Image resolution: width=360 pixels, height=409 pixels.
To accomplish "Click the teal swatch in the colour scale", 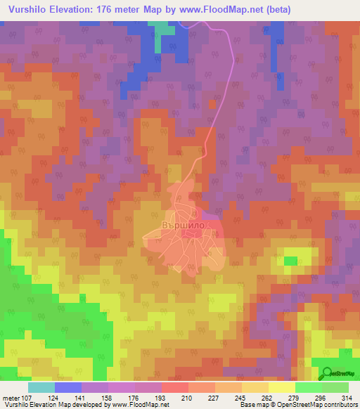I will click(41, 387).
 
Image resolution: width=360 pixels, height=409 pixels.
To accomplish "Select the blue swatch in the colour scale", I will click(68, 387).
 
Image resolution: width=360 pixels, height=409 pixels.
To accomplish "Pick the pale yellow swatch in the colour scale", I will click(281, 387).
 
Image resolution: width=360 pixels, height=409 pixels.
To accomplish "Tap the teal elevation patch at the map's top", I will click(165, 27).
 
